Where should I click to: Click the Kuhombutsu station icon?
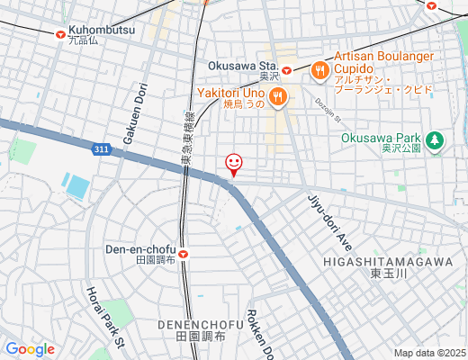[60, 35]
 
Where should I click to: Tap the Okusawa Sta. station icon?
[286, 69]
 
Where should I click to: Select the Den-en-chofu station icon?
[184, 253]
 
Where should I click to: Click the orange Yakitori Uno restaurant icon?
[277, 96]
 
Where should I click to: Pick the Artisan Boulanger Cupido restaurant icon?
[319, 68]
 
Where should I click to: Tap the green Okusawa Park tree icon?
[436, 139]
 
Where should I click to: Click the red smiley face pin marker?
[234, 164]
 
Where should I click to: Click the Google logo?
[30, 349]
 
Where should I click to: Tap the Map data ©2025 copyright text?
[429, 353]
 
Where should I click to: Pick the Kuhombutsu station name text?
[102, 31]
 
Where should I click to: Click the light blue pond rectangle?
[77, 186]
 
